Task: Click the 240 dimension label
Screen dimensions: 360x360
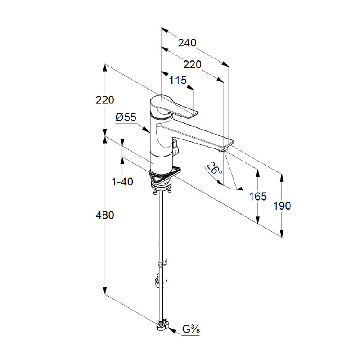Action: [187, 43]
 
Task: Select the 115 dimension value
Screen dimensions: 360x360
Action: [178, 81]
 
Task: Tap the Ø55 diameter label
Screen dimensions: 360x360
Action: [126, 117]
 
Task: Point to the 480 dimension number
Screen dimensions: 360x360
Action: [105, 216]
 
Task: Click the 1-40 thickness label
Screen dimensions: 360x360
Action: [122, 182]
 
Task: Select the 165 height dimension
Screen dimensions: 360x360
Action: [258, 197]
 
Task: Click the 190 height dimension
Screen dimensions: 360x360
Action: [282, 206]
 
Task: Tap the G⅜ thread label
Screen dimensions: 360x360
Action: [191, 329]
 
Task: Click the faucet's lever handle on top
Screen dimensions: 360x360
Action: [175, 108]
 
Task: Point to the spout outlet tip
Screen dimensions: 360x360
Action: [223, 150]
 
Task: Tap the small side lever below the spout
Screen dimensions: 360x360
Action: [175, 147]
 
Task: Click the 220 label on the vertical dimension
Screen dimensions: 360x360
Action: [105, 100]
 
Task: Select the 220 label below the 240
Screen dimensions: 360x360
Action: [192, 65]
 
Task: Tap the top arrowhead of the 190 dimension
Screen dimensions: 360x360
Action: [282, 178]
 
